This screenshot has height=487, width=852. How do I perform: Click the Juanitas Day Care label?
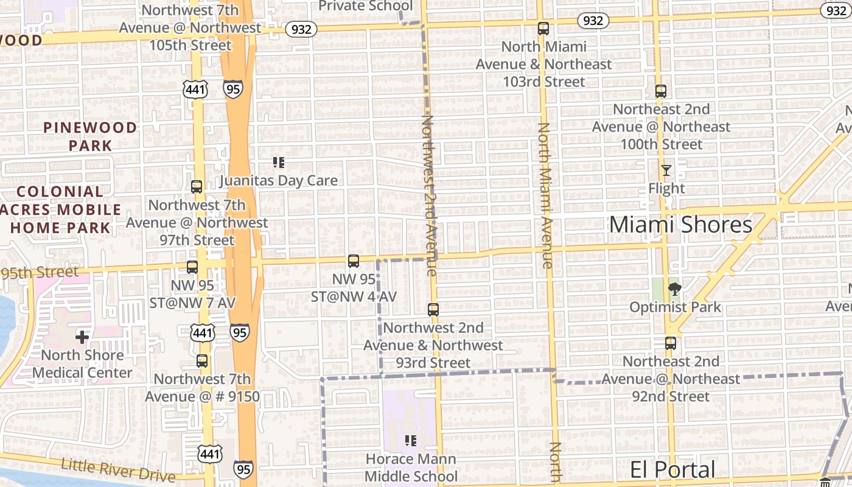click(278, 181)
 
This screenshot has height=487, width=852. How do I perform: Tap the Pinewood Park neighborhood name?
click(90, 136)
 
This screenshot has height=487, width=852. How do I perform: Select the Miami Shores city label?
click(680, 225)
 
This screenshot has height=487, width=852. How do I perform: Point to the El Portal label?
click(672, 470)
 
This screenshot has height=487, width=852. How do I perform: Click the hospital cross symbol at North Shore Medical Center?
click(82, 337)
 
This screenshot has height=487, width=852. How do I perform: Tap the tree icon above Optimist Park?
click(674, 289)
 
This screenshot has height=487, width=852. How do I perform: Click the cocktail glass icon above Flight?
click(666, 170)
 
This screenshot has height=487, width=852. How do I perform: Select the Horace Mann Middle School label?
click(411, 468)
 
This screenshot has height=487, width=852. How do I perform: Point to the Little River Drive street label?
click(118, 470)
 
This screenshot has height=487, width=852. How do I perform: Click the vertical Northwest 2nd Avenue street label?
click(429, 195)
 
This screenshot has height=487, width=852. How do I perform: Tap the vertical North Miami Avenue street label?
click(544, 195)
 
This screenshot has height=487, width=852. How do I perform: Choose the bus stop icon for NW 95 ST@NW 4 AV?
click(353, 261)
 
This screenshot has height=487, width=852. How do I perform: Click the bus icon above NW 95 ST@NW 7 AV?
click(192, 267)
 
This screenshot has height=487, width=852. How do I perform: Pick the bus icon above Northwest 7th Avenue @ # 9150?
click(202, 361)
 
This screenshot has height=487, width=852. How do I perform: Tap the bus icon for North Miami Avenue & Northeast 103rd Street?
click(543, 29)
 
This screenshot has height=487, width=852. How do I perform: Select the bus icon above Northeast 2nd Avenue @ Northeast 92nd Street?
click(670, 343)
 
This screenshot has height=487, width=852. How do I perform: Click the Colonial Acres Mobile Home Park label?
click(60, 210)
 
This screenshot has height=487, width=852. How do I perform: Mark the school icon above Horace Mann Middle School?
click(410, 440)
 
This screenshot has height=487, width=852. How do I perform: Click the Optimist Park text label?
click(675, 307)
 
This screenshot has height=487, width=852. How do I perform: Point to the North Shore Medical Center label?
click(82, 364)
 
